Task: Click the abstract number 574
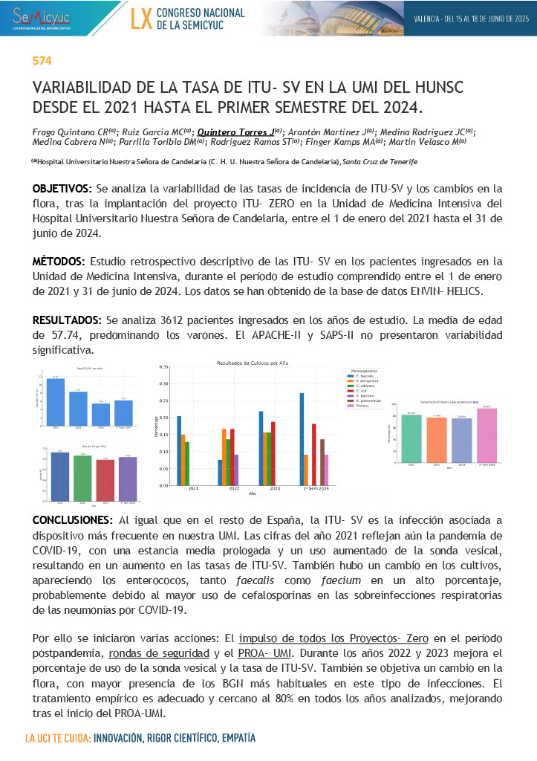pyautogui.click(x=42, y=61)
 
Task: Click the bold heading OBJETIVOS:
pyautogui.click(x=62, y=188)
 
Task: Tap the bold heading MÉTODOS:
pyautogui.click(x=59, y=262)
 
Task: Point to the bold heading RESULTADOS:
pyautogui.click(x=67, y=320)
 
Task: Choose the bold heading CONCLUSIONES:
pyautogui.click(x=73, y=519)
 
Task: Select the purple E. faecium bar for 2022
pyautogui.click(x=236, y=470)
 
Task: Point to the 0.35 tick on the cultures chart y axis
pyautogui.click(x=164, y=367)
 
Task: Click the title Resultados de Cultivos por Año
pyautogui.click(x=252, y=363)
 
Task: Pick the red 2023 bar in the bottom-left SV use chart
pyautogui.click(x=106, y=480)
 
